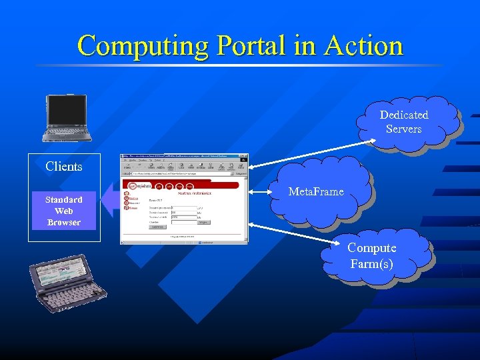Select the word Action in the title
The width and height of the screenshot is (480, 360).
click(363, 46)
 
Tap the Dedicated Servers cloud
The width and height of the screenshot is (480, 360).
click(404, 121)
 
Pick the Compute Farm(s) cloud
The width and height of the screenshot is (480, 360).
click(372, 256)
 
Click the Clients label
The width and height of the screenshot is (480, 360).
click(64, 167)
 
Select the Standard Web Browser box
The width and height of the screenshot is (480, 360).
click(64, 211)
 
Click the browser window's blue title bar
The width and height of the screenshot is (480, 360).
click(180, 157)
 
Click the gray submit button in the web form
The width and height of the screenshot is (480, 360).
click(157, 227)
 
